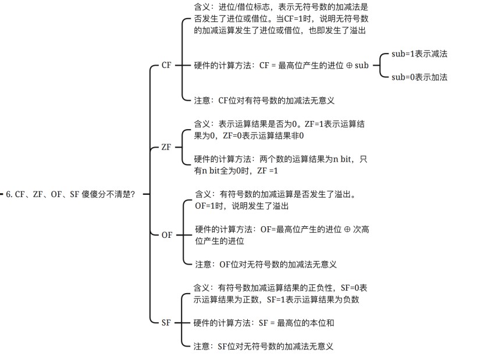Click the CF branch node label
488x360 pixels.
coord(166,65)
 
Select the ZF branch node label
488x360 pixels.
coord(166,147)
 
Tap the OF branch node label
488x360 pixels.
coord(167,235)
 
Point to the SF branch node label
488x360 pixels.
coord(166,323)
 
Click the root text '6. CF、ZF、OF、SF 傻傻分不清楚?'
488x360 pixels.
coord(70,194)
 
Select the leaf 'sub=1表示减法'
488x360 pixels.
coord(419,54)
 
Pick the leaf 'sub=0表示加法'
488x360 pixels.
coord(419,77)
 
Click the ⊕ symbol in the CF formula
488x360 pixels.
coord(349,66)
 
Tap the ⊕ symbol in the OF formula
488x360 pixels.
coord(347,230)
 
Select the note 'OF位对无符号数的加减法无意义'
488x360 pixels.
coord(278,265)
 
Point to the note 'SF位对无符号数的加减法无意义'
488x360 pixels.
coord(276,346)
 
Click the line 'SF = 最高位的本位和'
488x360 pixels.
coord(296,323)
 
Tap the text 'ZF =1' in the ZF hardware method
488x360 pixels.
coord(268,171)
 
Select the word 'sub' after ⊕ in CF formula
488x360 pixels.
coord(362,65)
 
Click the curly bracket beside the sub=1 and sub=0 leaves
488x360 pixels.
coord(380,65)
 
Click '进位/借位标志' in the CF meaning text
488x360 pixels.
coord(244,7)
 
